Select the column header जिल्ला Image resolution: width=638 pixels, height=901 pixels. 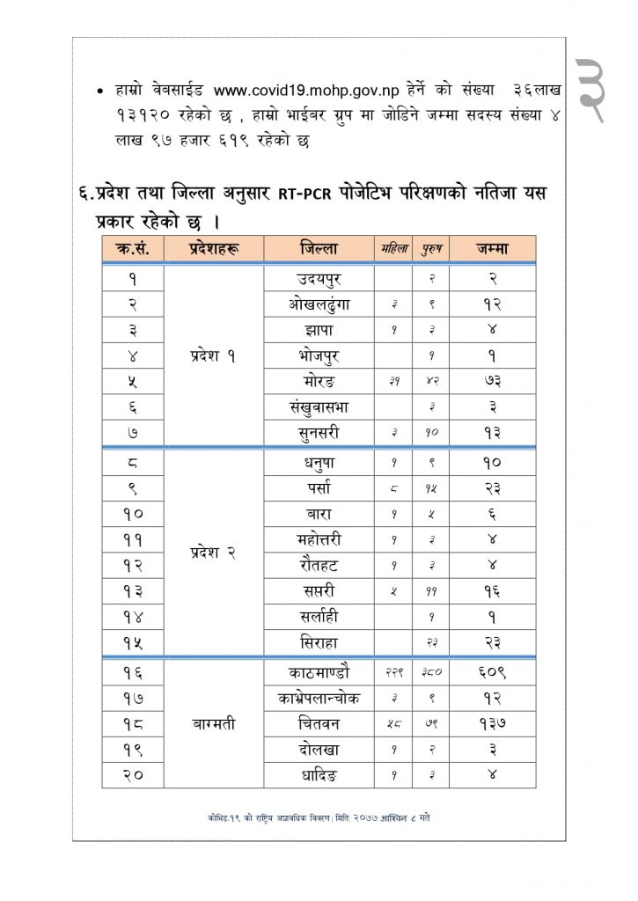pos(319,248)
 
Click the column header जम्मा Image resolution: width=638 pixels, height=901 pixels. pos(492,248)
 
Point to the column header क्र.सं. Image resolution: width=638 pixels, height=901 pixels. pos(131,248)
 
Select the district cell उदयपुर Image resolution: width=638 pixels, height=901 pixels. pos(319,279)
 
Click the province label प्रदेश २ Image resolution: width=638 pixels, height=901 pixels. pos(214,553)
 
